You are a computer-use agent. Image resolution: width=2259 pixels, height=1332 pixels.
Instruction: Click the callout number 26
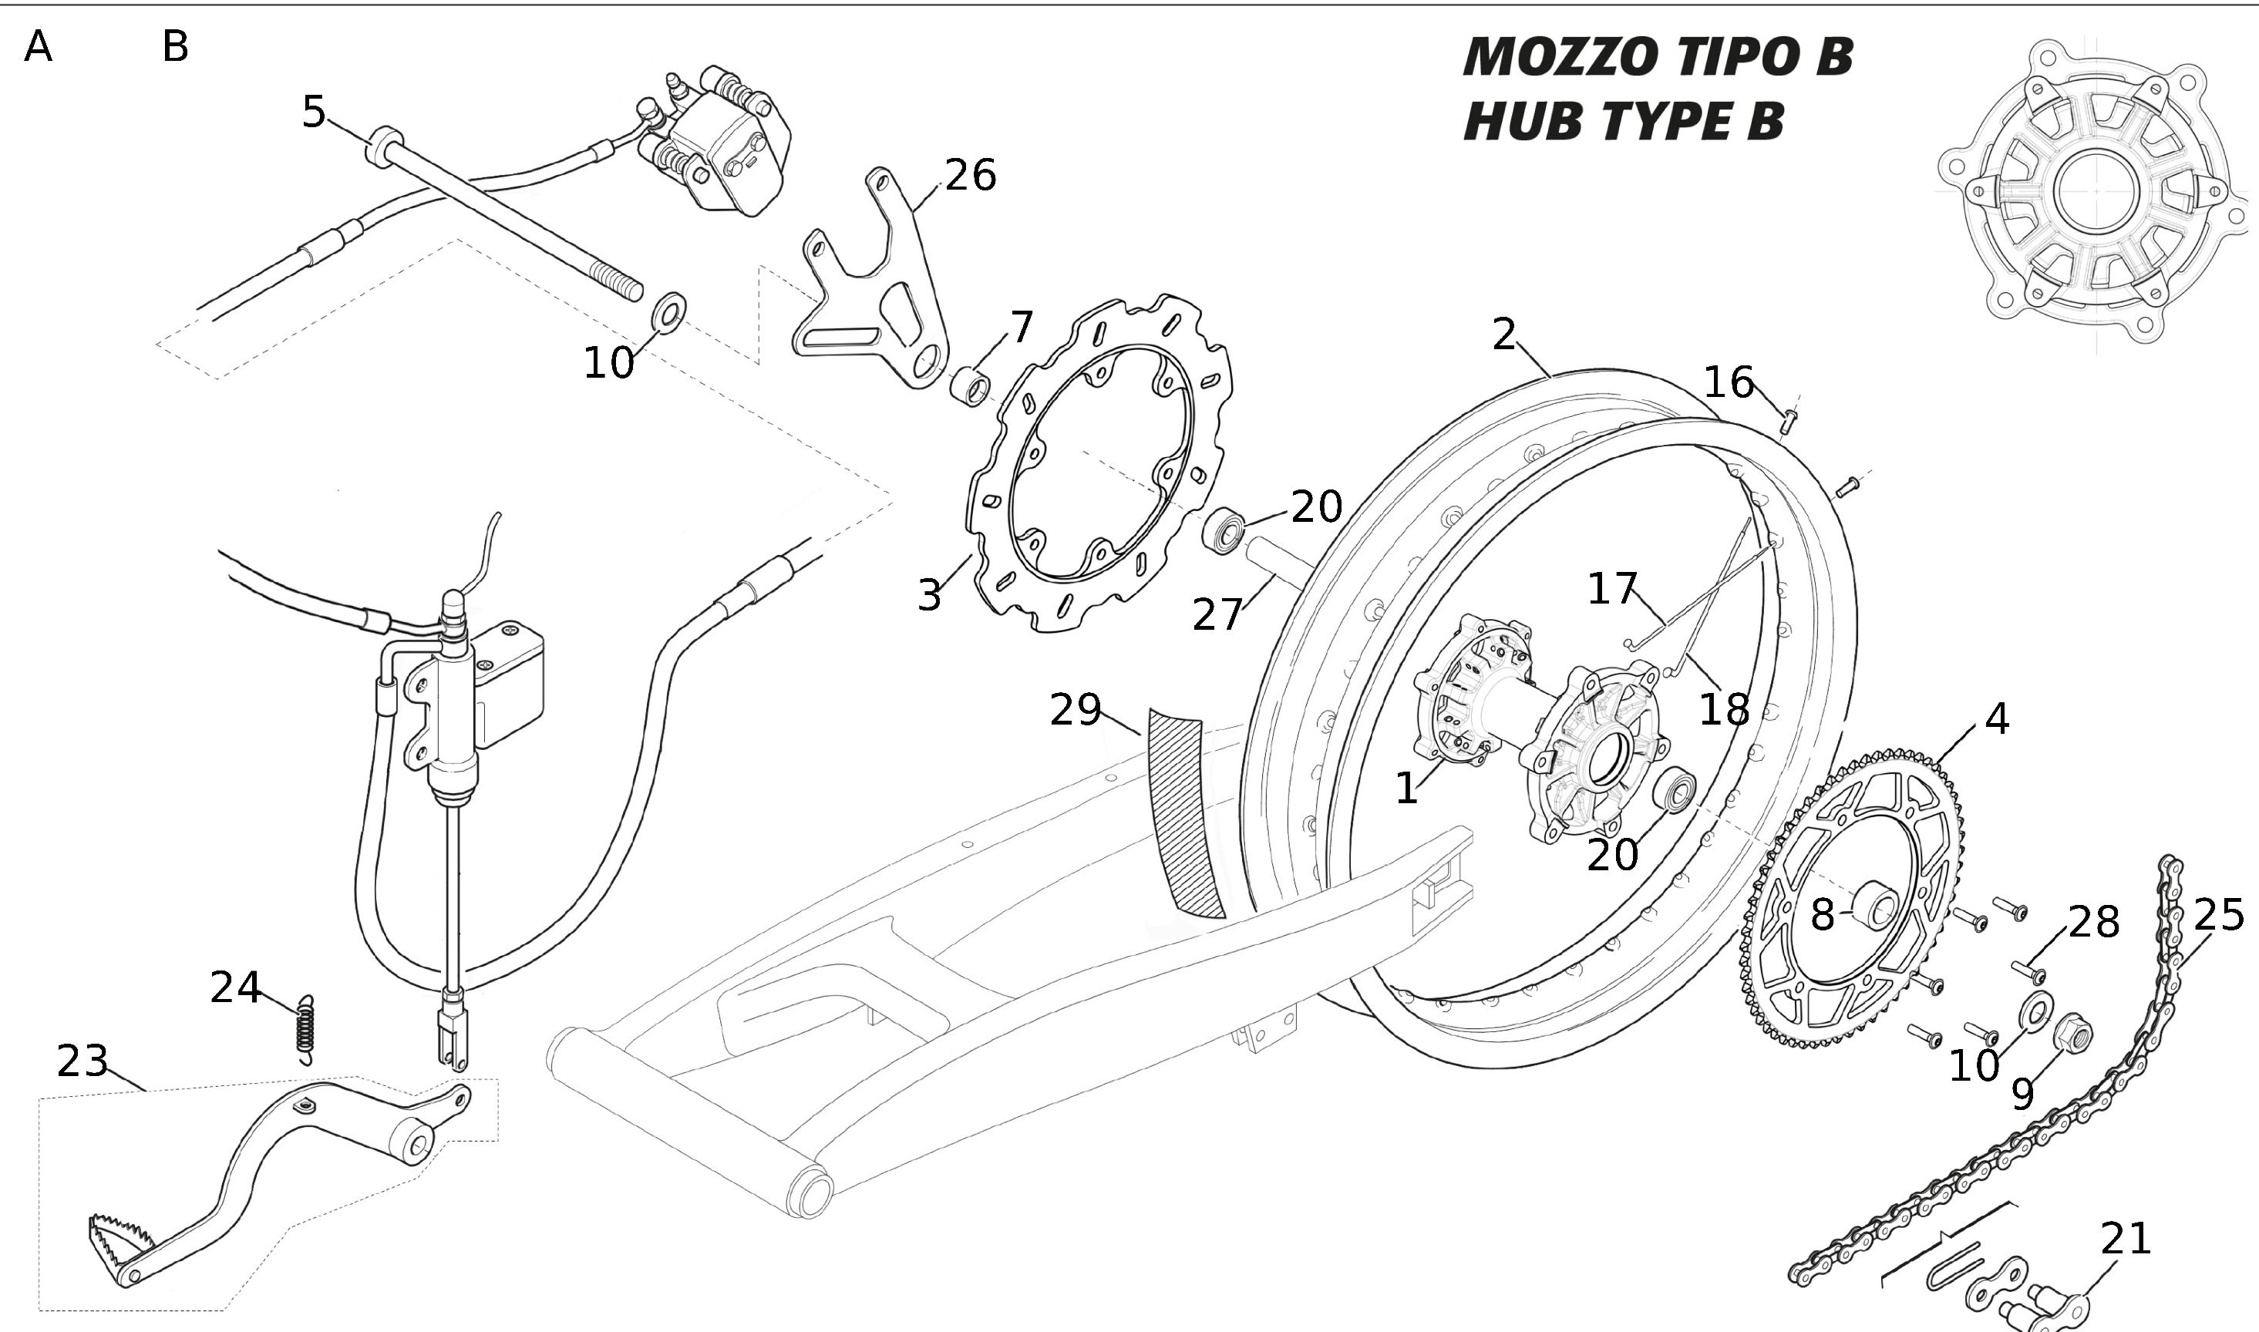[970, 175]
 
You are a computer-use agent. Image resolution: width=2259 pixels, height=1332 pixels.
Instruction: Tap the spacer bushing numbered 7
[970, 386]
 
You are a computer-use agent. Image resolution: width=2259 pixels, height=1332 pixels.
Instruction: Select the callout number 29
[1076, 711]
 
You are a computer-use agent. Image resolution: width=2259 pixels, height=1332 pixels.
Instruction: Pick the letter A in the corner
[38, 47]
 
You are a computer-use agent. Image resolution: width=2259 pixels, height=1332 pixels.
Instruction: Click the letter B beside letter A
[175, 47]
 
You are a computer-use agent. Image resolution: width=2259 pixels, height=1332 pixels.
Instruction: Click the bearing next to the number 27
[1224, 530]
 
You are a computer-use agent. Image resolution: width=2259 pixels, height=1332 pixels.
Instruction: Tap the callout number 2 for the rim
[1504, 335]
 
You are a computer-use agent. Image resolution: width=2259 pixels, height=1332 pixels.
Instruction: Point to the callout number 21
[2126, 1239]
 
